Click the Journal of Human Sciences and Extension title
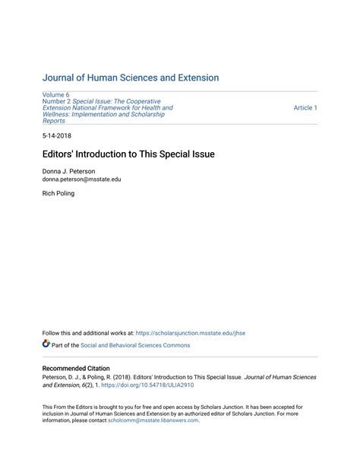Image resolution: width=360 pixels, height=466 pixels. tap(130, 78)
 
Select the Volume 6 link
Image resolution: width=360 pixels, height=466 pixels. tap(55, 94)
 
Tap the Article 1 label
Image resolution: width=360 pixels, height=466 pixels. tap(305, 108)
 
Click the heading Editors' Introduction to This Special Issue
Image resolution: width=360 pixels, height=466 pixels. tap(128, 154)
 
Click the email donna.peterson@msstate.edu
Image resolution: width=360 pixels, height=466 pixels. tap(81, 179)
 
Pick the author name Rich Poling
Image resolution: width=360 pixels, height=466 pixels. tap(58, 194)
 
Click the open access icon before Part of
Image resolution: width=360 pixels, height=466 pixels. tap(46, 344)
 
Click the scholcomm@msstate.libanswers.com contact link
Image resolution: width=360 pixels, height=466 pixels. tap(153, 420)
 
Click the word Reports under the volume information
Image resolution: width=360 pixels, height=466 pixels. tap(54, 121)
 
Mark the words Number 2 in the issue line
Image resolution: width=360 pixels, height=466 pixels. tap(55, 101)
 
